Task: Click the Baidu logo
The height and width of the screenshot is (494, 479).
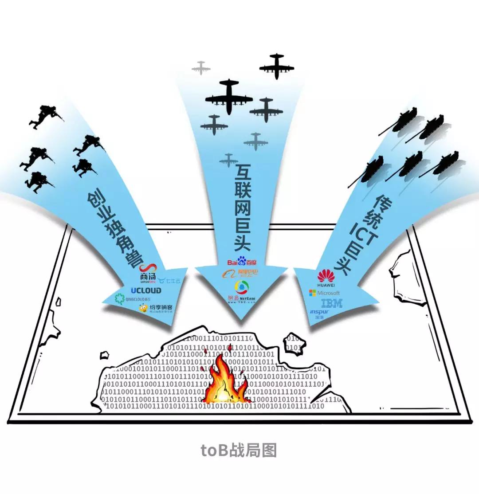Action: (242, 262)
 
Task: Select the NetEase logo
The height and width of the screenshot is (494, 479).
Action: (242, 293)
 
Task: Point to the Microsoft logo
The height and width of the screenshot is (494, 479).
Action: (324, 293)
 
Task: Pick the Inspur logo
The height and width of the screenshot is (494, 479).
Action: (320, 314)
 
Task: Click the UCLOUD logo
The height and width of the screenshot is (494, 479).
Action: (146, 290)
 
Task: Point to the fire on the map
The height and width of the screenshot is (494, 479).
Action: (224, 382)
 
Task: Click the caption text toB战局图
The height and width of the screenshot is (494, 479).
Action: (239, 450)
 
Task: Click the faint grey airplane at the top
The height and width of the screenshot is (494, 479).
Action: (201, 68)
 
